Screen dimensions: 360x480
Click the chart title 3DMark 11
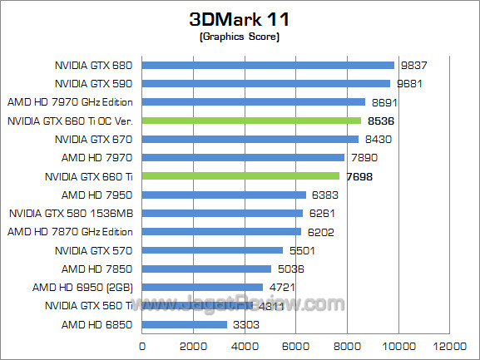[239, 19]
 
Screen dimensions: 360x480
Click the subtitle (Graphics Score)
[239, 37]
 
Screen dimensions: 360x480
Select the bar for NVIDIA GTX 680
[268, 65]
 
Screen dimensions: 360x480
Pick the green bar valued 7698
[240, 176]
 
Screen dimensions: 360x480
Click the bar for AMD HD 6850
[185, 324]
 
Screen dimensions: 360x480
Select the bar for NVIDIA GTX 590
[266, 83]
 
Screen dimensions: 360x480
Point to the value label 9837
[413, 65]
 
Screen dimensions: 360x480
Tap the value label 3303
[245, 324]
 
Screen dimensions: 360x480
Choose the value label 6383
[324, 195]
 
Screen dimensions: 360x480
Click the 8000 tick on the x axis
[346, 345]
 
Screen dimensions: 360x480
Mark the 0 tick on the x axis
[142, 345]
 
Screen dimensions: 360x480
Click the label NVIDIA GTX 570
[94, 250]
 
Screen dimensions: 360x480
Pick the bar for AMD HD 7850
[206, 269]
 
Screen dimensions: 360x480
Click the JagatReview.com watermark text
[275, 303]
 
